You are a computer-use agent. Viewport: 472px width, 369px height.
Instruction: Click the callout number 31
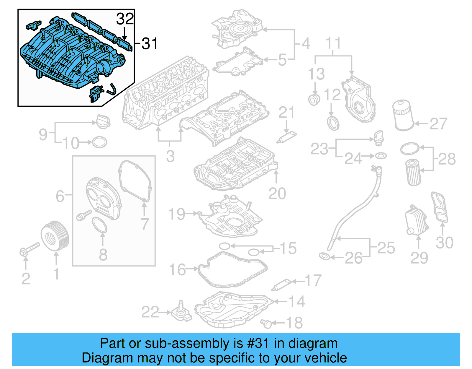[150, 44]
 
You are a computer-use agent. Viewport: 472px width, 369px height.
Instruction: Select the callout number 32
[125, 19]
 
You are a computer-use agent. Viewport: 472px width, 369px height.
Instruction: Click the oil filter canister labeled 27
[403, 116]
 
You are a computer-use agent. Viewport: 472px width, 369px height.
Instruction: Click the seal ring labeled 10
[99, 142]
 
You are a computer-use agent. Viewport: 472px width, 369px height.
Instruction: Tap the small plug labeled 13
[314, 100]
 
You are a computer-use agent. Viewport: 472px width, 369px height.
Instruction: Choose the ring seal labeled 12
[333, 123]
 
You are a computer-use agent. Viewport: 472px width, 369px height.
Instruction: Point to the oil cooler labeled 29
[417, 220]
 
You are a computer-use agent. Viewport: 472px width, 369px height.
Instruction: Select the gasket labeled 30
[440, 207]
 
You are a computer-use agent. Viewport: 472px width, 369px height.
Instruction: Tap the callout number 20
[277, 194]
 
